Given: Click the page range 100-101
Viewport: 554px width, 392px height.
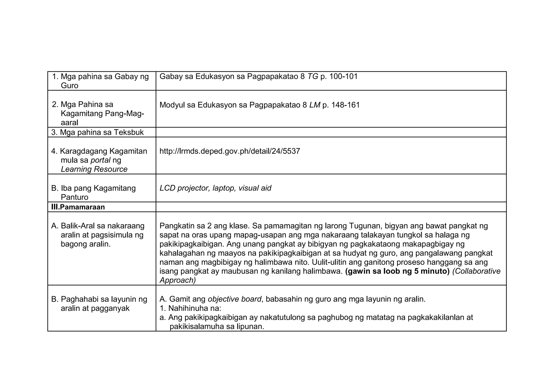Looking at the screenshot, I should tap(344, 77).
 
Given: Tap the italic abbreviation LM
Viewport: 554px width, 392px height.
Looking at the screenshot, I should tap(315, 105).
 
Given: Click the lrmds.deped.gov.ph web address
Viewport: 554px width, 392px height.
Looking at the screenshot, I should tap(230, 151).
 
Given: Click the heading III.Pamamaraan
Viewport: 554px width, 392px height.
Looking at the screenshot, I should tap(78, 207).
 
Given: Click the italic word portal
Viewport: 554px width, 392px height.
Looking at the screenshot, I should tap(100, 160).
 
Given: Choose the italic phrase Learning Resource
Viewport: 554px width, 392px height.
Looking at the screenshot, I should tap(94, 169).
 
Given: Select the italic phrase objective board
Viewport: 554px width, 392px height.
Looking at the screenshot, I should tap(234, 299).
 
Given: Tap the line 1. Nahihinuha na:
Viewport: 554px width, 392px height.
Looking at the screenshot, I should tap(190, 308).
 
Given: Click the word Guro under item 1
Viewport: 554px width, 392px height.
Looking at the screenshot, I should tap(70, 86).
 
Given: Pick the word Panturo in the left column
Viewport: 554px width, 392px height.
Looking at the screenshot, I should tap(74, 197).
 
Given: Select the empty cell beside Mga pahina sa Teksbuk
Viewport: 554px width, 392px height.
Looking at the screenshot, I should tap(331, 132).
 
